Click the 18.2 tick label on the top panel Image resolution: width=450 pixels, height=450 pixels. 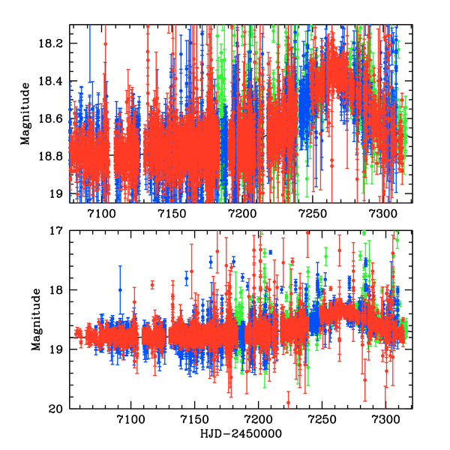(x=54, y=43)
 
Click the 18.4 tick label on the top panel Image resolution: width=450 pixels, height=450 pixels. (x=54, y=81)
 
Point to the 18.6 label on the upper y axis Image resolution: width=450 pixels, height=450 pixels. (x=54, y=118)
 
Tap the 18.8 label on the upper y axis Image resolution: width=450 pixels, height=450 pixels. (x=54, y=156)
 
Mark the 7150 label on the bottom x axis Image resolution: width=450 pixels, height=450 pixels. (x=195, y=419)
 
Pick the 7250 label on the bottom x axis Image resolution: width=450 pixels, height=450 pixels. (x=322, y=419)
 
